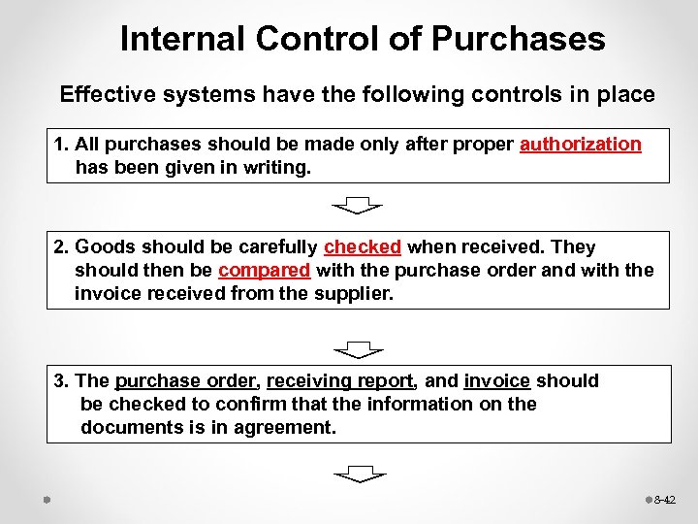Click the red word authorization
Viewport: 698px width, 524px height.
point(581,145)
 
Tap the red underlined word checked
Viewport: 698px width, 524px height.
point(363,246)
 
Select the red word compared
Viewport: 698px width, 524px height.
point(264,270)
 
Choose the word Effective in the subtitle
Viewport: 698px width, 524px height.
point(106,94)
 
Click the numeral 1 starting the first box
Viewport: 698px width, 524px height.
point(59,145)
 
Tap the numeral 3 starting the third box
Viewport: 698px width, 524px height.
point(59,381)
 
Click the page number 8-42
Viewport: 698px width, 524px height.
point(665,500)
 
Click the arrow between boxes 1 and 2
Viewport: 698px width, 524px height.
point(358,205)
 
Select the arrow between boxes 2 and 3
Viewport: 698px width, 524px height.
point(358,348)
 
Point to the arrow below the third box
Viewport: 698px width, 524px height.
point(359,474)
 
